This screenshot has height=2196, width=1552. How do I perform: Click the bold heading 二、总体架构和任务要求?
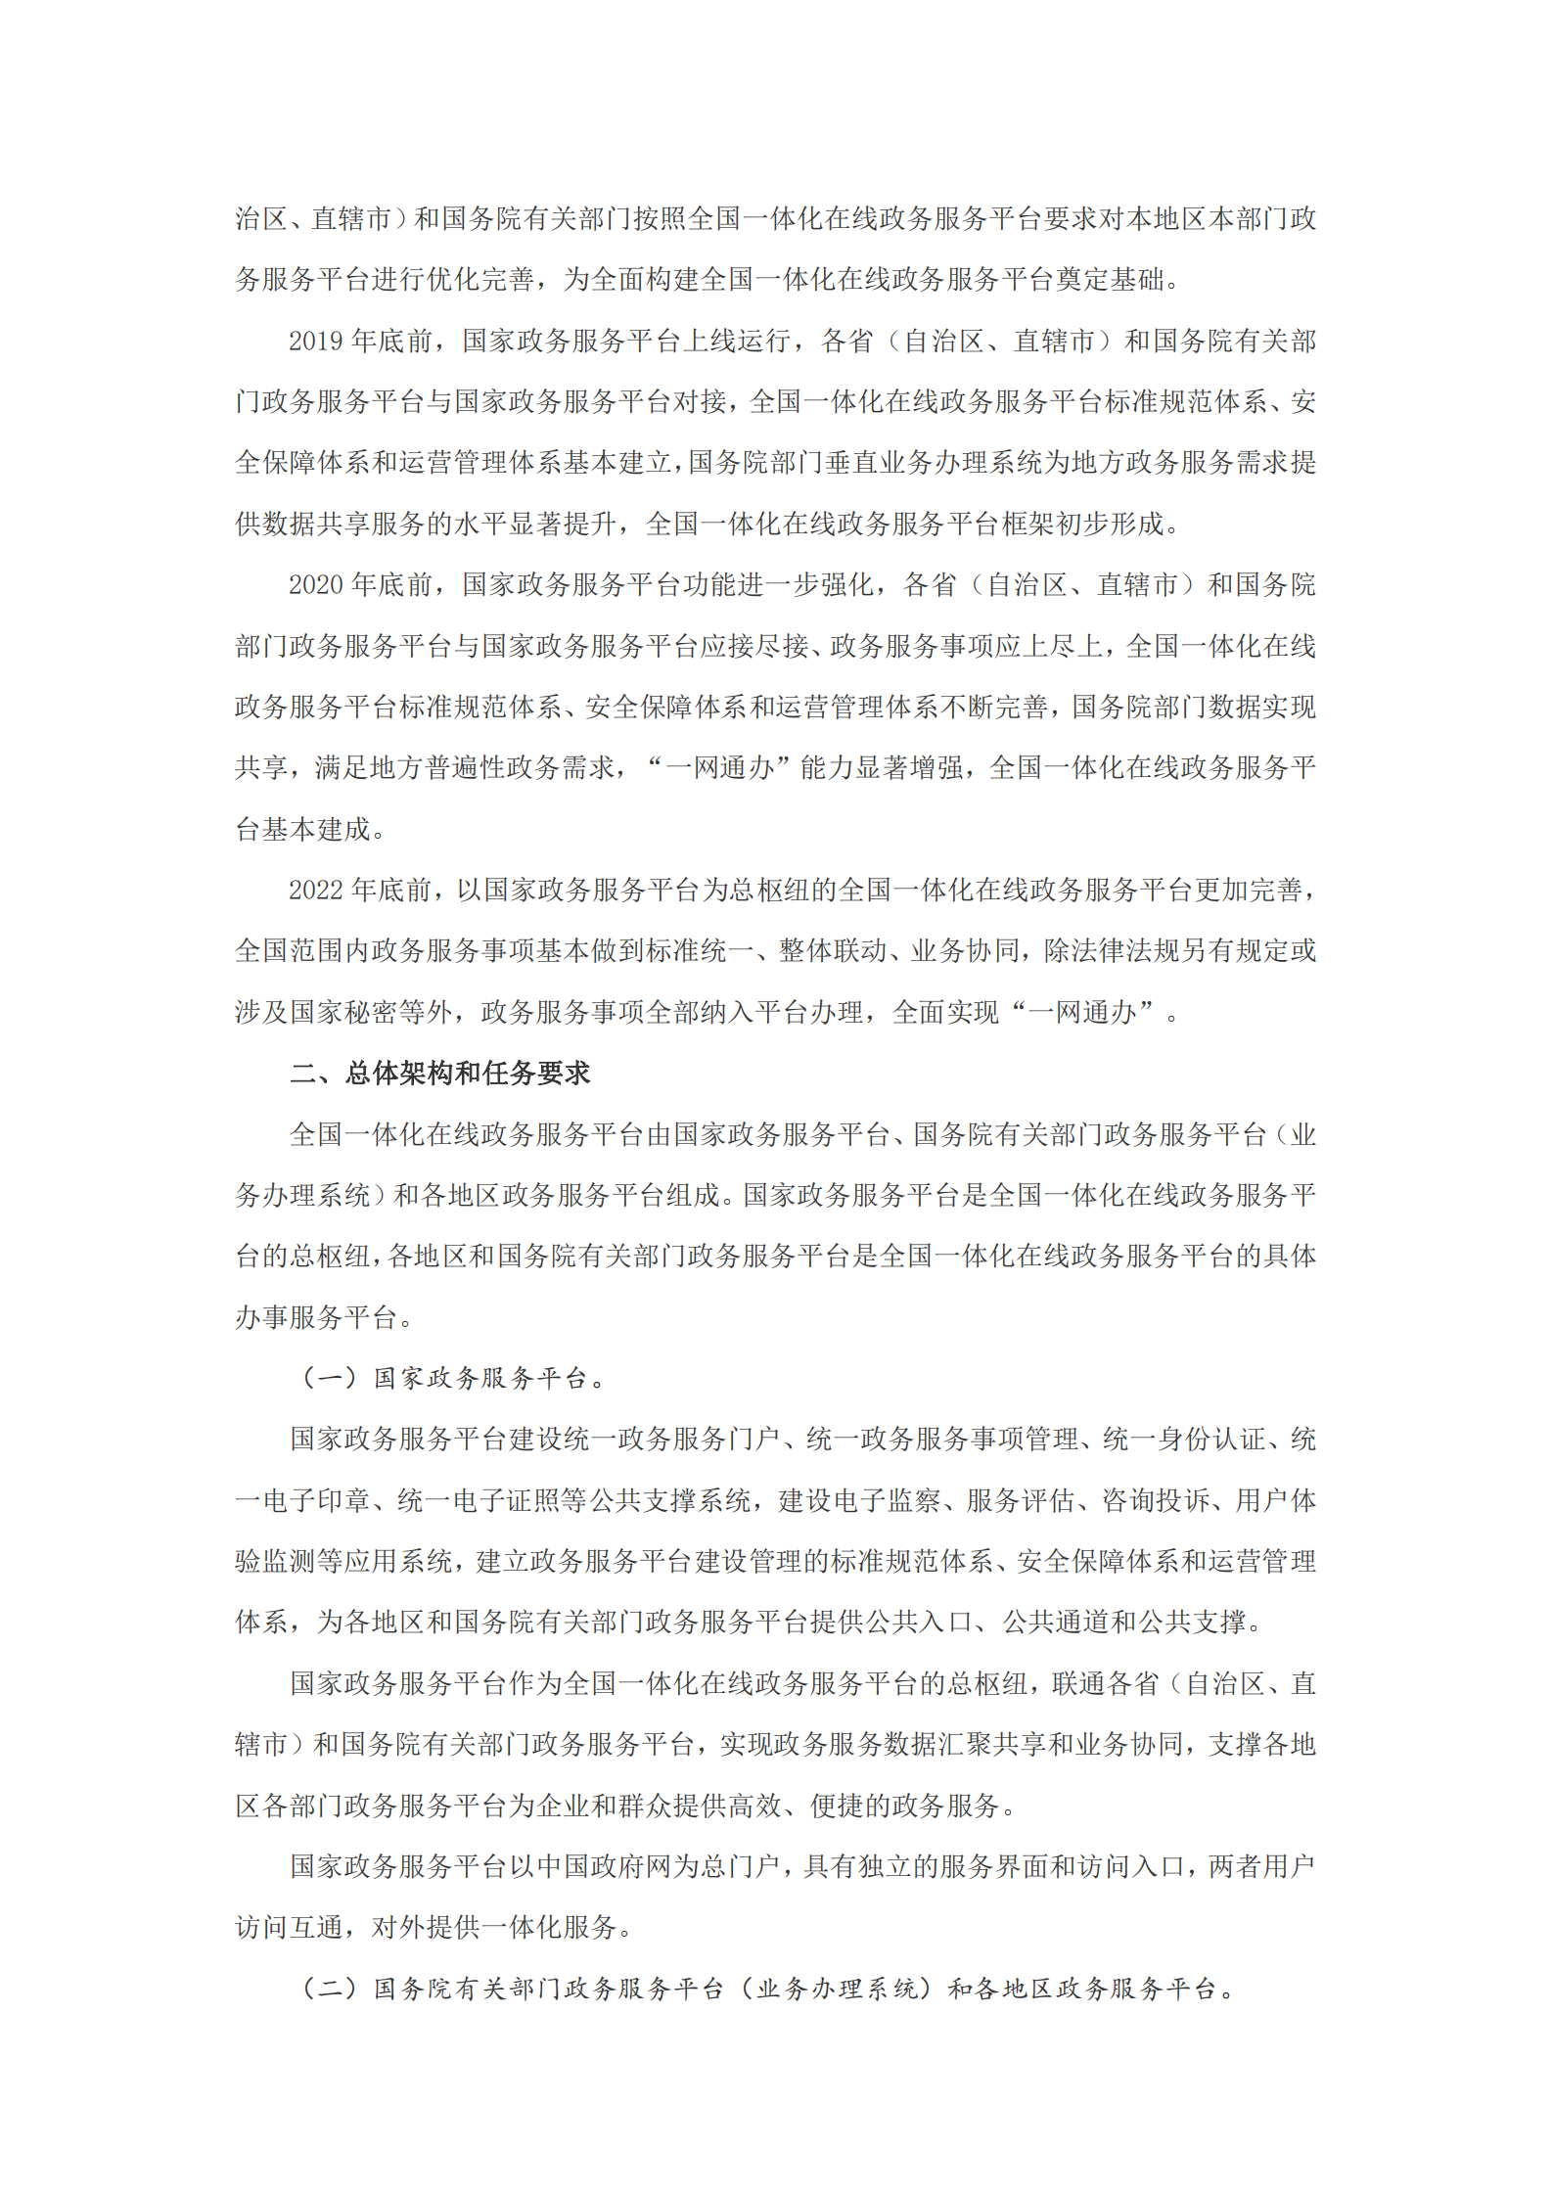440,1073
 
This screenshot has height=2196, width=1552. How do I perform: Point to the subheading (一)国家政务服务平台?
453,1378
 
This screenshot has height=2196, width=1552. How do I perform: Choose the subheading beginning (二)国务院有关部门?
768,1989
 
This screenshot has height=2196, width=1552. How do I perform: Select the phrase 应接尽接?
754,646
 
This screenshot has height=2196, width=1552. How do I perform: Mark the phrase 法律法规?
1124,951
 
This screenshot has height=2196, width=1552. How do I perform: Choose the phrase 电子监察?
886,1500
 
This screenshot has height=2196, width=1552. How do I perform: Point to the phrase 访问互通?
290,1927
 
